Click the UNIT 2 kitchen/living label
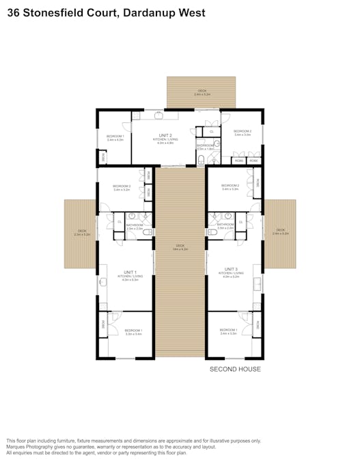165,138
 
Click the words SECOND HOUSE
234,369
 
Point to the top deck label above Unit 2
202,92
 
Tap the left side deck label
81,232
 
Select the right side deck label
280,232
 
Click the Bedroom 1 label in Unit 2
114,137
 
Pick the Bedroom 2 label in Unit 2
243,132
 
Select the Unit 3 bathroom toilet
213,233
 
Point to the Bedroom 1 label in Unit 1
133,332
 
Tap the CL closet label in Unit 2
211,131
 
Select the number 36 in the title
12,12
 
